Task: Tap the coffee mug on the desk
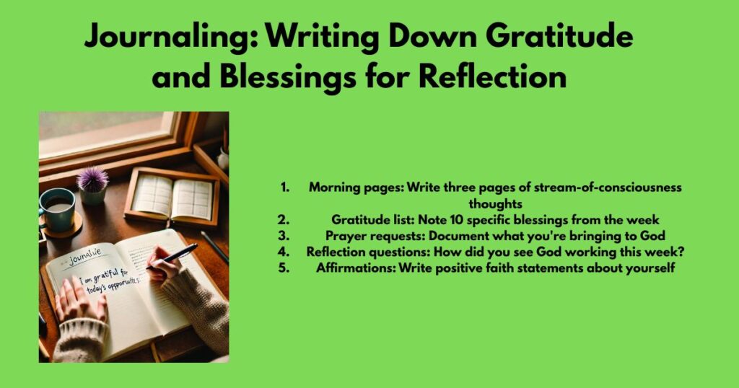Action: [x=58, y=208]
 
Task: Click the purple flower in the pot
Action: [x=92, y=180]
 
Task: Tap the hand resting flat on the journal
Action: [x=79, y=302]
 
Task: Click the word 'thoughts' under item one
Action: [x=495, y=203]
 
